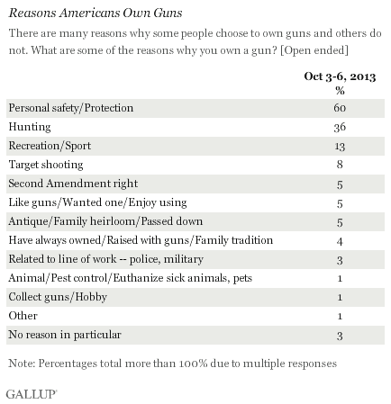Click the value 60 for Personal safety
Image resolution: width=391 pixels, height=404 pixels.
point(340,108)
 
